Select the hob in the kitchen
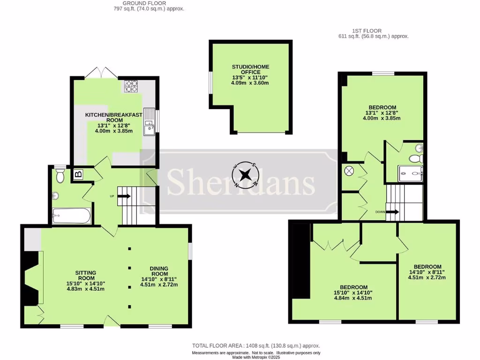pos(131,86)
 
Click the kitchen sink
pos(149,121)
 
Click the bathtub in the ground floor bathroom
pos(71,217)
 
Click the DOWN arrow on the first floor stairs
pos(392,212)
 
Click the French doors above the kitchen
pos(101,72)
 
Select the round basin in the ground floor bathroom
pos(56,196)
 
